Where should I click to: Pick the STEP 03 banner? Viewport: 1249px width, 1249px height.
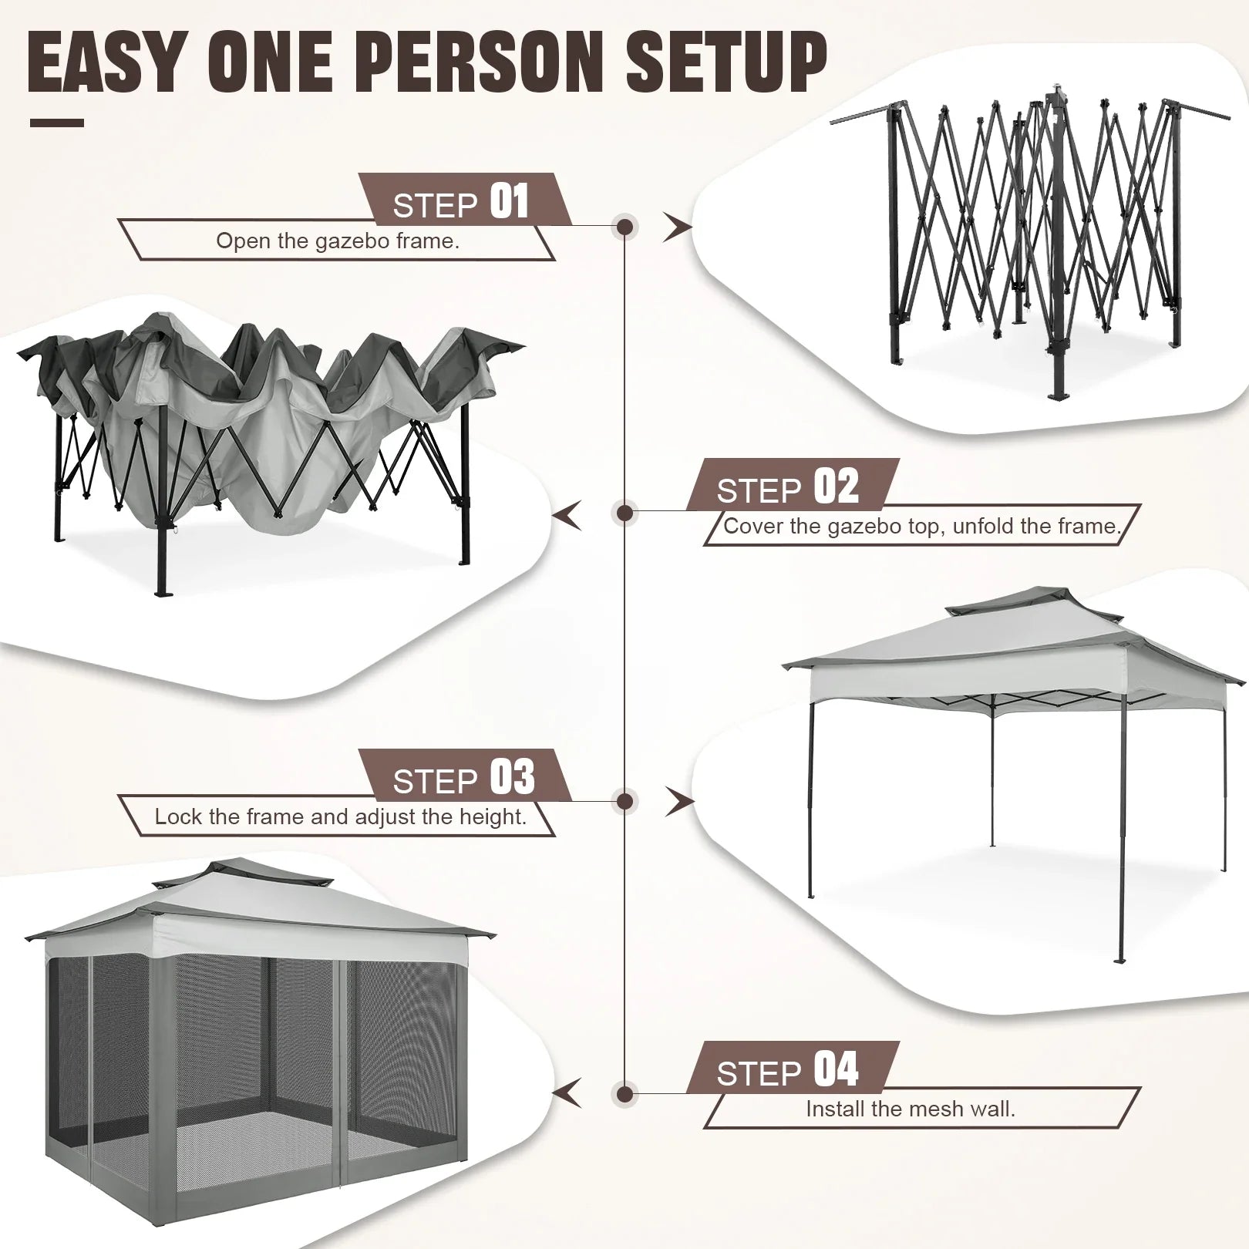[463, 777]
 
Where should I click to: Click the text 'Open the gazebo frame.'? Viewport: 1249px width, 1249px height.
[337, 241]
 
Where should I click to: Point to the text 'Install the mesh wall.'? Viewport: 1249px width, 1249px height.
[910, 1109]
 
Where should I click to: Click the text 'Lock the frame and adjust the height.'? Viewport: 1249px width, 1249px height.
[340, 816]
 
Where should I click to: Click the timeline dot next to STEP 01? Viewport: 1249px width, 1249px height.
[625, 227]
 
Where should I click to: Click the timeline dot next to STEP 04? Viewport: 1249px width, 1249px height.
[625, 1094]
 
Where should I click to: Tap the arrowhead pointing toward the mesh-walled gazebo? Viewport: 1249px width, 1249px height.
[569, 1093]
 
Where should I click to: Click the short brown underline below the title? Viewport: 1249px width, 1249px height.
[56, 123]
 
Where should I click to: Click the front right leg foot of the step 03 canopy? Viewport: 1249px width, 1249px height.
[1120, 960]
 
